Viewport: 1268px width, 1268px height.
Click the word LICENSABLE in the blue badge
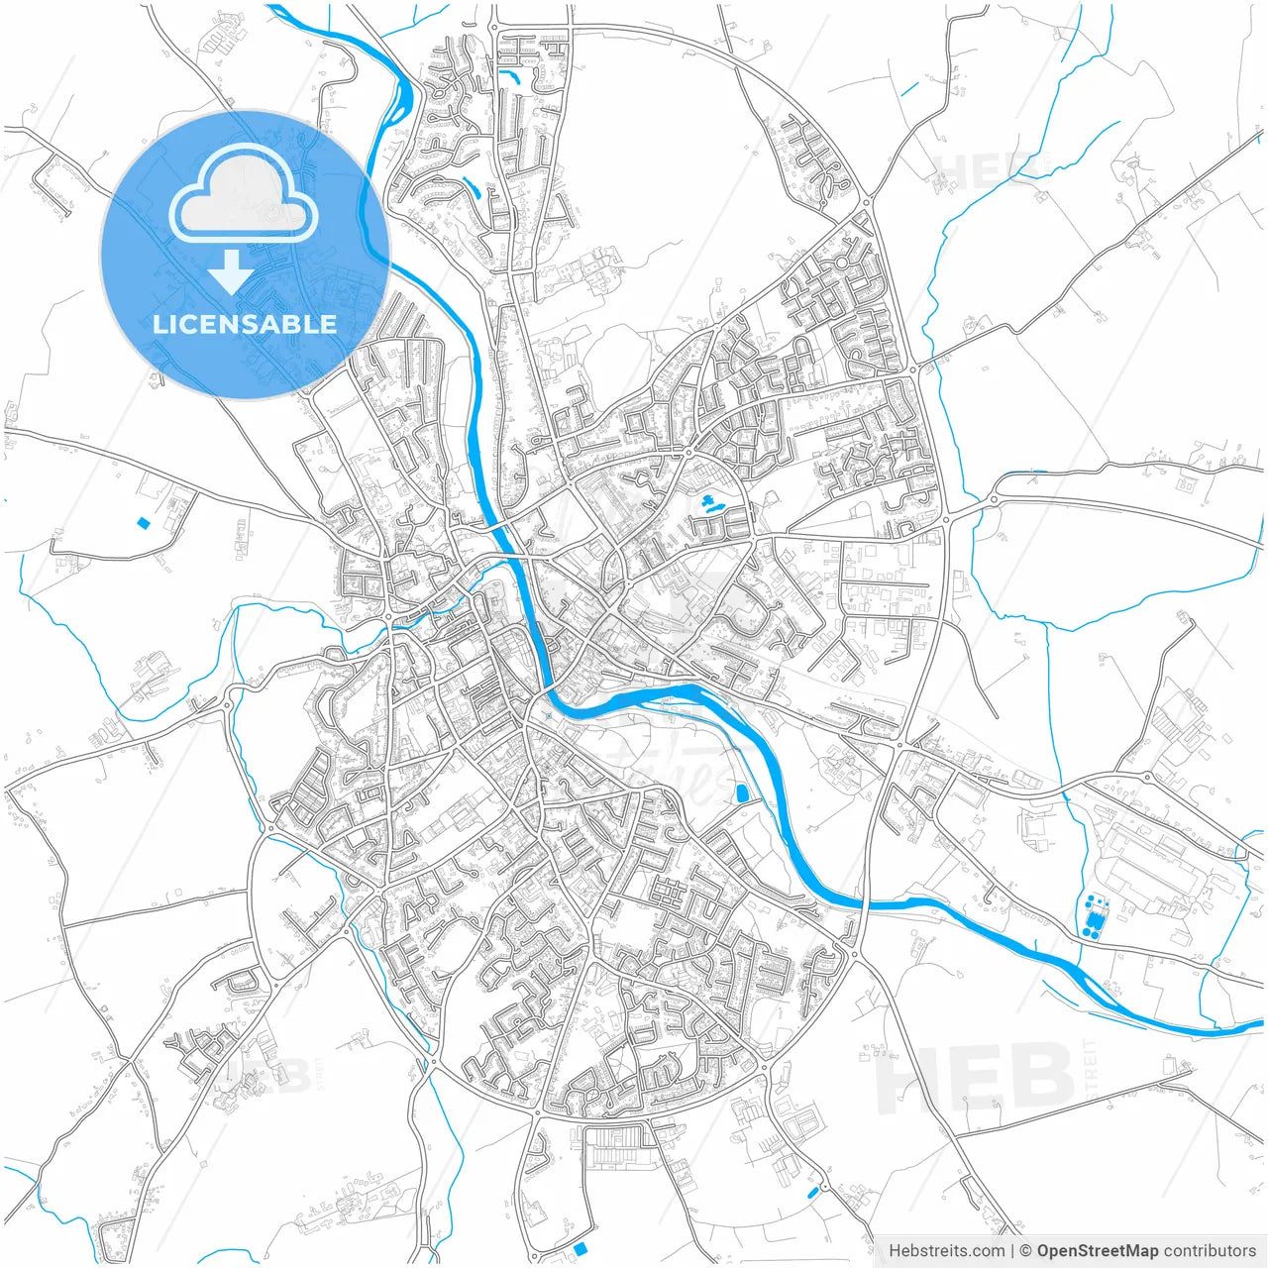point(245,324)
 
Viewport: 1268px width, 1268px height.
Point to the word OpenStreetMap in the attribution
point(1097,1251)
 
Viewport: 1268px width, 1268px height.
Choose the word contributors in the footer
point(1209,1251)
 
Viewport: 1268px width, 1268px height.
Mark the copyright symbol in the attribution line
point(1026,1251)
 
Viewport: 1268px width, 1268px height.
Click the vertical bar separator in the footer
point(1012,1251)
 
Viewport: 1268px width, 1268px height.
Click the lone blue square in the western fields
point(144,522)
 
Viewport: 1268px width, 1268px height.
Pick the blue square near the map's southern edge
point(581,1248)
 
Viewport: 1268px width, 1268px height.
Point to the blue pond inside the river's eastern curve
point(742,792)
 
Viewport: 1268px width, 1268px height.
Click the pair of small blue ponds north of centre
point(709,505)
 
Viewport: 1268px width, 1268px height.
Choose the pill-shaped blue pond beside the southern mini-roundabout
point(813,1191)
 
